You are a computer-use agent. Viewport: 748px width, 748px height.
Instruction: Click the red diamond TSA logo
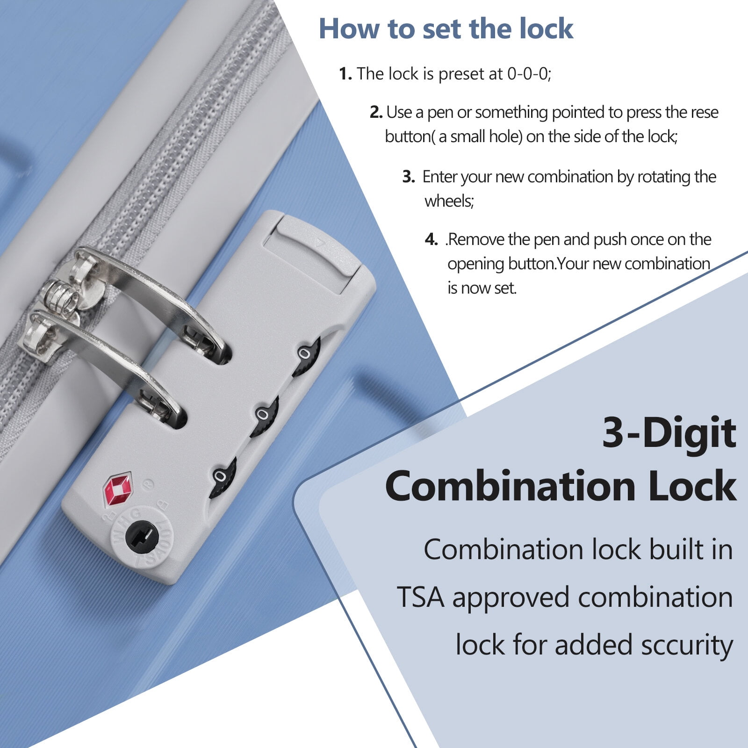click(118, 489)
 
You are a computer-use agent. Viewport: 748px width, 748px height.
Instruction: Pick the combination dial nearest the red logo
click(222, 478)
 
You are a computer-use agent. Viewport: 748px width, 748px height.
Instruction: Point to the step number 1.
click(345, 74)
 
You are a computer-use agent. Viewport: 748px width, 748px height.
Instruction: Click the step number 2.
click(376, 112)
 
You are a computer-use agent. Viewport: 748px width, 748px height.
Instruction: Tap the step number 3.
click(409, 177)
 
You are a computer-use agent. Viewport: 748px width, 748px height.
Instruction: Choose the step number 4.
click(431, 240)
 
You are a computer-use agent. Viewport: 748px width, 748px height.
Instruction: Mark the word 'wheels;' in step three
click(449, 201)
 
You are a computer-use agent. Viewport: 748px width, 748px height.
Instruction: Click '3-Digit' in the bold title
click(669, 432)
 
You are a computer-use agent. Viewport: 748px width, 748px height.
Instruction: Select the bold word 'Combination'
click(510, 486)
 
